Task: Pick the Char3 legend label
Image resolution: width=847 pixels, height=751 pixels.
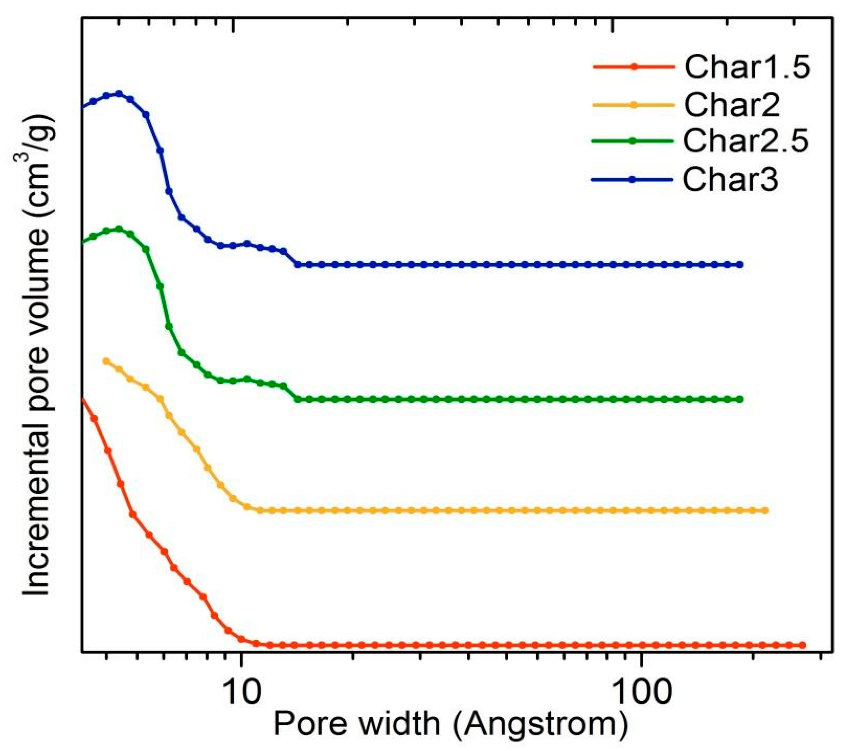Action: tap(730, 180)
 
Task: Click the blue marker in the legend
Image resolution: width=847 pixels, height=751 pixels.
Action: tap(632, 180)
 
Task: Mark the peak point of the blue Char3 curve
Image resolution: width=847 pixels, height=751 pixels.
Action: tap(119, 94)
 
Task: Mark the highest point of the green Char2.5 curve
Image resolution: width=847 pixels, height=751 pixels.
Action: tap(119, 229)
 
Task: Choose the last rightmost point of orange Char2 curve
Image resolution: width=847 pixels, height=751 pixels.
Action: tap(765, 510)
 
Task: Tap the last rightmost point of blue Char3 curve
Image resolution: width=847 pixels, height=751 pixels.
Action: tap(741, 265)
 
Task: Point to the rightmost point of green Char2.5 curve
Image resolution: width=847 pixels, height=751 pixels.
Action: tap(741, 400)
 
